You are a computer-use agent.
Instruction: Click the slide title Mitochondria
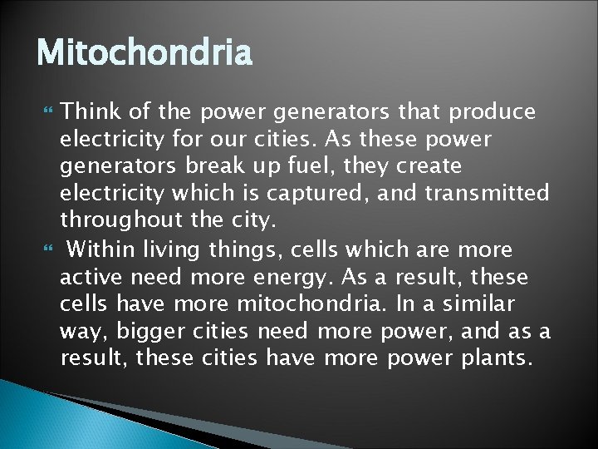[144, 55]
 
